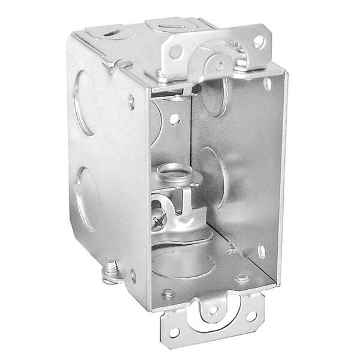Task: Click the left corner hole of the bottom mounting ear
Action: (x=174, y=331)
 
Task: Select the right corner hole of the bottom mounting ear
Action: (x=252, y=316)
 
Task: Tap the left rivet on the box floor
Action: (x=169, y=293)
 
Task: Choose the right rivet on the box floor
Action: (x=241, y=278)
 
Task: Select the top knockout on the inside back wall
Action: (x=214, y=96)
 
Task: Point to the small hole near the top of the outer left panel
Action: (x=131, y=102)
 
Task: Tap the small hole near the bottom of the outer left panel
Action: (x=133, y=277)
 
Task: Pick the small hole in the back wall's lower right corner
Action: (x=262, y=250)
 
